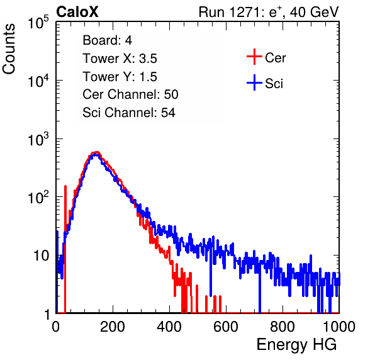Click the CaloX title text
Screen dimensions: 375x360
(77, 12)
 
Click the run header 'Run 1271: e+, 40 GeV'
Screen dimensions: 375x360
(269, 12)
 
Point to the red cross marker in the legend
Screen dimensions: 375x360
(254, 57)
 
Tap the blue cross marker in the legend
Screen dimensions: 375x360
(254, 82)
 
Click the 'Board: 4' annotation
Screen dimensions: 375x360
(107, 40)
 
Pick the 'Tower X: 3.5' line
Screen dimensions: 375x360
(120, 59)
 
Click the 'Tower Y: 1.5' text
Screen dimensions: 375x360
(120, 77)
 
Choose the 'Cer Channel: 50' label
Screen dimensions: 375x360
(130, 94)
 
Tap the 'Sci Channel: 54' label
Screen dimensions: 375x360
(129, 113)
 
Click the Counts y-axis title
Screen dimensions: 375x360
(9, 49)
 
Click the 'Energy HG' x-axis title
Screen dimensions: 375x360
(296, 345)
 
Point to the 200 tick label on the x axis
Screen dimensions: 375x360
(113, 327)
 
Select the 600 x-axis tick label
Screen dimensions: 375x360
(226, 327)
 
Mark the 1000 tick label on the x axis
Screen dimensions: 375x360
(339, 327)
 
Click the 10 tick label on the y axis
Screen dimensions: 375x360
(41, 256)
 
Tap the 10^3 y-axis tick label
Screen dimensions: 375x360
(38, 138)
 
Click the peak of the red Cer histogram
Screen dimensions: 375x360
(96, 152)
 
